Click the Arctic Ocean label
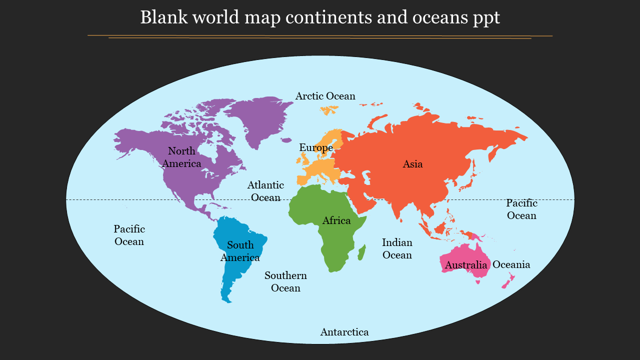325,96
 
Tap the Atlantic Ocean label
265,191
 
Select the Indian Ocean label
397,249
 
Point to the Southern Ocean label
285,281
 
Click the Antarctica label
344,332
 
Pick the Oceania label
511,264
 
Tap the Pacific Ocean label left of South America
129,235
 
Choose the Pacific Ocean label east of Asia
521,209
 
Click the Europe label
316,148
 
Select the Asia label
412,164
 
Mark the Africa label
336,220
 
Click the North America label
181,157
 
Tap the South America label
240,251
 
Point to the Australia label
466,265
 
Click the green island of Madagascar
361,253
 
